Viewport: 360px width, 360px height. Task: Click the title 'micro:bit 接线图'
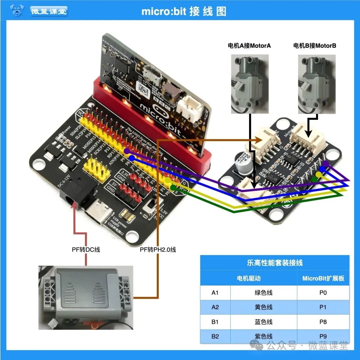point(184,11)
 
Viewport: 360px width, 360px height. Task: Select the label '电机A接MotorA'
point(249,46)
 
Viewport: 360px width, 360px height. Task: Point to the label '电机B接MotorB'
point(315,46)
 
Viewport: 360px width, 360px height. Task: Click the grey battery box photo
point(86,297)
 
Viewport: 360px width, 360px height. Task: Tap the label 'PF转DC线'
point(86,249)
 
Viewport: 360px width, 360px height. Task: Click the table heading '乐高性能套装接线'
point(275,263)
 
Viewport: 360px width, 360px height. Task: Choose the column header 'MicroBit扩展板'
point(323,278)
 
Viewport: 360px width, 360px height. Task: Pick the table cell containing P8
point(323,322)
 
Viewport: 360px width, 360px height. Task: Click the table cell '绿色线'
point(263,293)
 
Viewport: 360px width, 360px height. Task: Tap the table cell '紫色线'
point(263,336)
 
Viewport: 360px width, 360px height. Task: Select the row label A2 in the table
point(215,307)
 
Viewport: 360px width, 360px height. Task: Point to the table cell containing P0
point(323,293)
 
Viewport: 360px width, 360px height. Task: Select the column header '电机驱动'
point(248,278)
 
